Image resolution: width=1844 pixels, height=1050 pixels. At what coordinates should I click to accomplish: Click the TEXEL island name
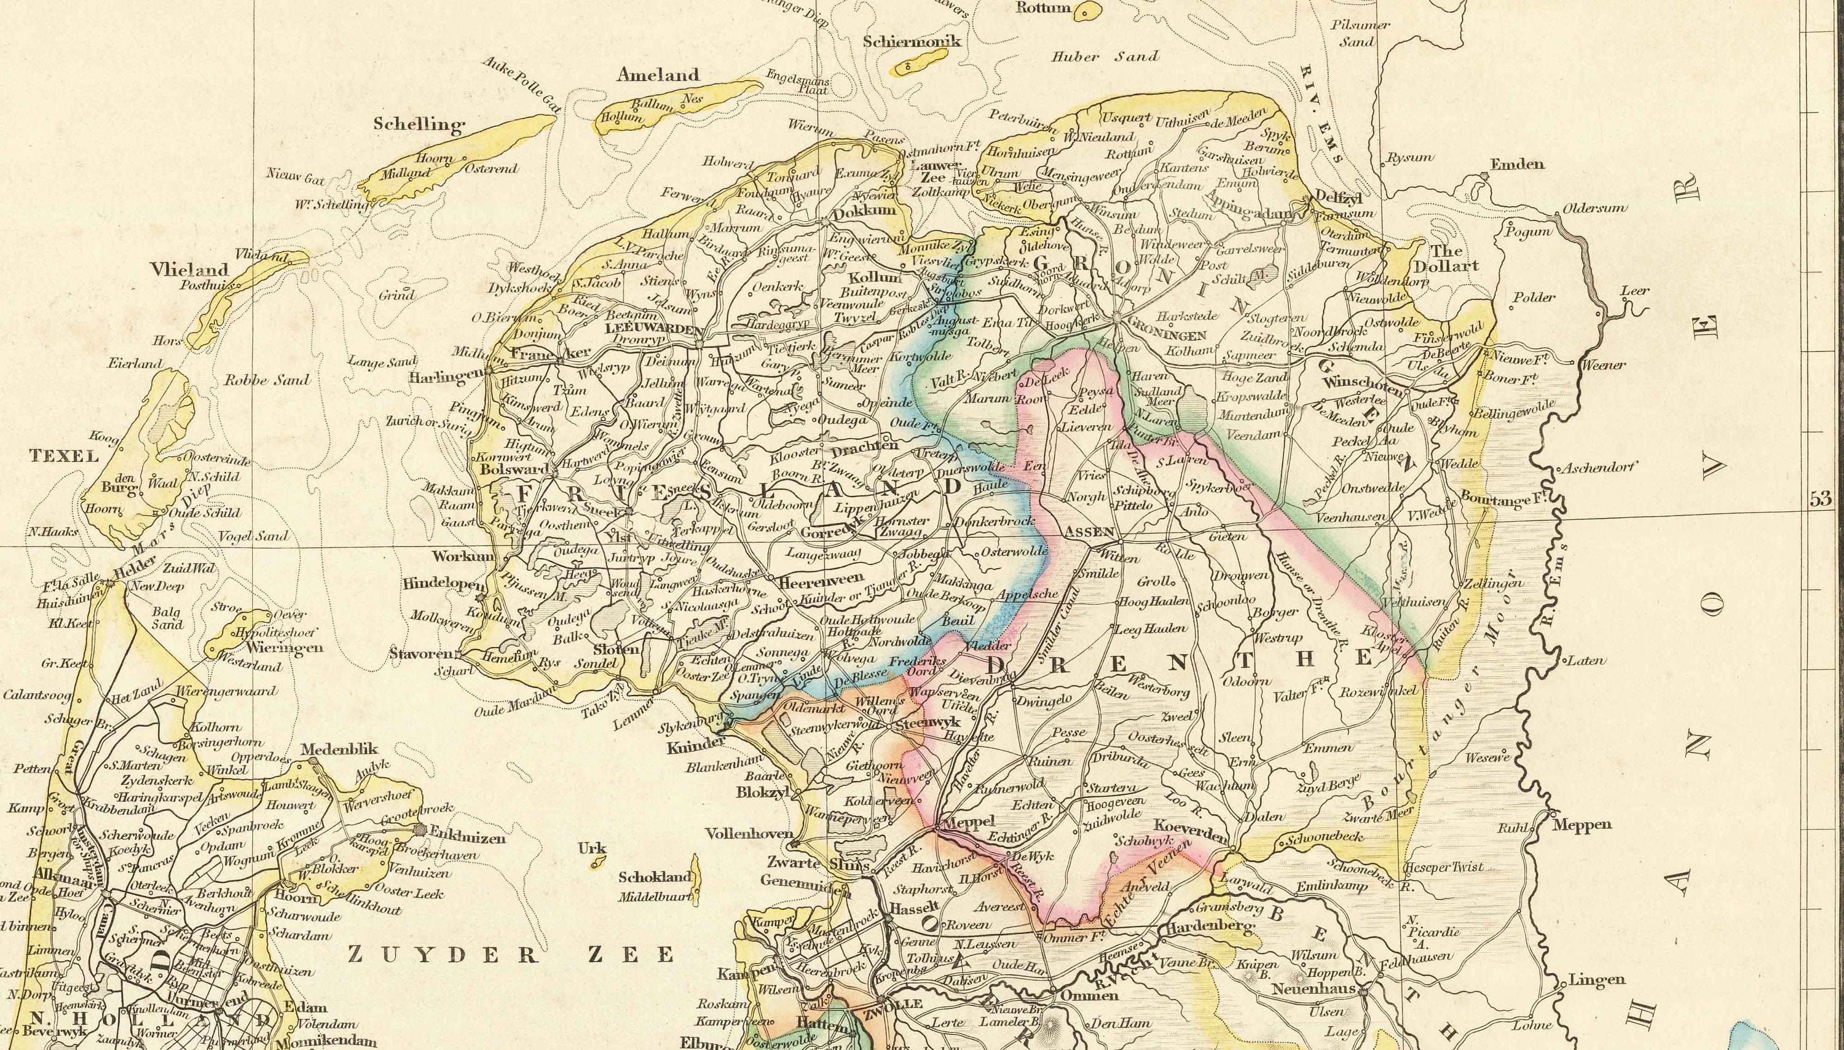tap(63, 455)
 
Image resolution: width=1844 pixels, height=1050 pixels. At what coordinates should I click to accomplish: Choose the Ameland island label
tap(658, 74)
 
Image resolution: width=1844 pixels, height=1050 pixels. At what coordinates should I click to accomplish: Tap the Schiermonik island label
tap(912, 41)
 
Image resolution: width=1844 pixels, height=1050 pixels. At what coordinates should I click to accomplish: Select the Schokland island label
tap(655, 877)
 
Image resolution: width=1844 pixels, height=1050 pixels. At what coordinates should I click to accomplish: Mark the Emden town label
tap(1517, 163)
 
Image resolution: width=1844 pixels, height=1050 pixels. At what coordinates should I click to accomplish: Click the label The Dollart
tap(1453, 258)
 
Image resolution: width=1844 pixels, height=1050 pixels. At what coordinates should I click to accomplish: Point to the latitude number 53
tap(1820, 498)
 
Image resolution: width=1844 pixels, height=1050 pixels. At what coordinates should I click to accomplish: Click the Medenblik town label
tap(338, 750)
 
